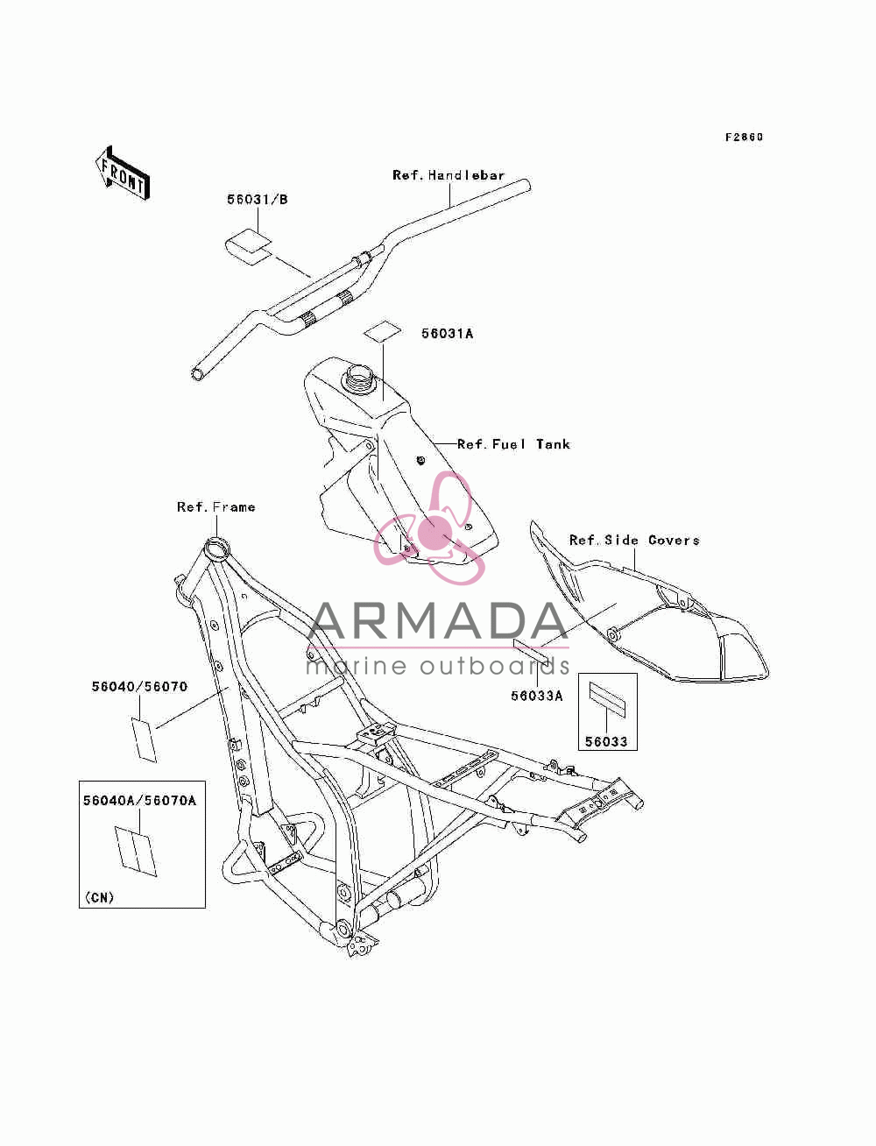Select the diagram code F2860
pyautogui.click(x=744, y=137)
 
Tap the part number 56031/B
pyautogui.click(x=258, y=199)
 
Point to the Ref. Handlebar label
pyautogui.click(x=449, y=175)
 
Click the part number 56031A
pyautogui.click(x=448, y=333)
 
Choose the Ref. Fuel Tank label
pyautogui.click(x=513, y=444)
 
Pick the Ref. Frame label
pyautogui.click(x=216, y=506)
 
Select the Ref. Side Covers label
pyautogui.click(x=634, y=540)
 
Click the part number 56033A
pyautogui.click(x=537, y=695)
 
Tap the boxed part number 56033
pyautogui.click(x=606, y=741)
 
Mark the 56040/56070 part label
pyautogui.click(x=139, y=686)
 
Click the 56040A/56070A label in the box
pyautogui.click(x=140, y=800)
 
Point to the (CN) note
pyautogui.click(x=99, y=897)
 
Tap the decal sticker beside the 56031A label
pyautogui.click(x=383, y=331)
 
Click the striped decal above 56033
pyautogui.click(x=607, y=699)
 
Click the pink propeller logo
pyautogui.click(x=430, y=527)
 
